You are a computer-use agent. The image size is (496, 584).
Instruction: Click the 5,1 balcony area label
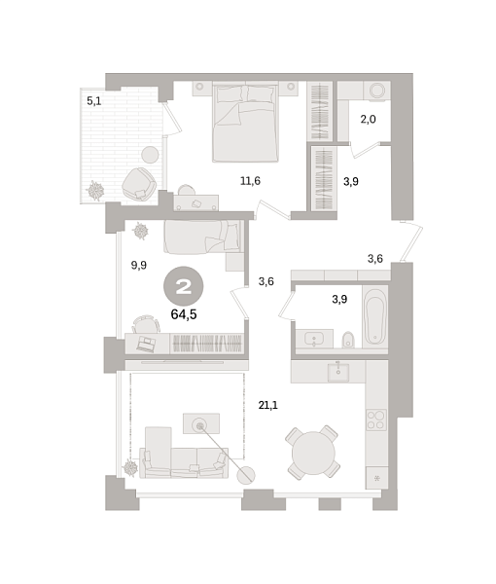pyautogui.click(x=93, y=100)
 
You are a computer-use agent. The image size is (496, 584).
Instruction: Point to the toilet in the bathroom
pyautogui.click(x=348, y=339)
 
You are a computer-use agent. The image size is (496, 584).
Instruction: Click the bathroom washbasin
pyautogui.click(x=315, y=338)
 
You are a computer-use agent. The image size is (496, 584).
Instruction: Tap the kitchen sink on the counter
pyautogui.click(x=340, y=373)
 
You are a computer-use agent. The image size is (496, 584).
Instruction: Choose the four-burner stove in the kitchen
pyautogui.click(x=375, y=420)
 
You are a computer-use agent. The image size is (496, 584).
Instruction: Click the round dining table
pyautogui.click(x=314, y=452)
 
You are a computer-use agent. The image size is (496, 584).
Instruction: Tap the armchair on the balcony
pyautogui.click(x=137, y=181)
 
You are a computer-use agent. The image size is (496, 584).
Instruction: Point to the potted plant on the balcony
pyautogui.click(x=96, y=191)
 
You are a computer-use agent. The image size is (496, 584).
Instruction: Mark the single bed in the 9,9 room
pyautogui.click(x=201, y=237)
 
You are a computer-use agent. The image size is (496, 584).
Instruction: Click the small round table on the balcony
pyautogui.click(x=151, y=154)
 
